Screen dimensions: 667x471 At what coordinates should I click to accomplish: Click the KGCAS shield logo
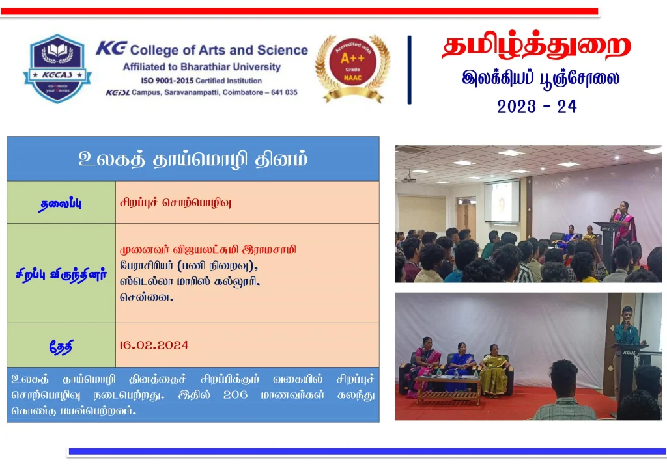pos(57,68)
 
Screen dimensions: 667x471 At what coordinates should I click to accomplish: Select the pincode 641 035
pos(284,92)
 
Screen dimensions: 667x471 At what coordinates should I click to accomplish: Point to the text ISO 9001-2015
pos(167,81)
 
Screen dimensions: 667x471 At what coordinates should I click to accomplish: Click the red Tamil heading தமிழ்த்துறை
pos(537,46)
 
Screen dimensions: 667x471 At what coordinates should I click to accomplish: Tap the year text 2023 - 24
pos(537,106)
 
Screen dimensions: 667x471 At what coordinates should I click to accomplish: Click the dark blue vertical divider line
pos(409,70)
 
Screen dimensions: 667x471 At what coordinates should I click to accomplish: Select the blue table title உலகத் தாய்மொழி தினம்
pos(193,159)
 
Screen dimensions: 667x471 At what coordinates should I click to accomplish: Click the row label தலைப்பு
pos(61,204)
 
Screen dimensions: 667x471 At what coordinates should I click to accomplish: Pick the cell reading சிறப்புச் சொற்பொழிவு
pos(175,202)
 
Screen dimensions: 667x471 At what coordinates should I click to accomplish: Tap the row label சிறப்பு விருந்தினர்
pos(61,275)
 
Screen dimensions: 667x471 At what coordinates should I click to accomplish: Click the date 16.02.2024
pos(154,345)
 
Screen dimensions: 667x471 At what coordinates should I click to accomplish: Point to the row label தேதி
pos(61,347)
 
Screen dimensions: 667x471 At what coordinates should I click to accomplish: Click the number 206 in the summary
pos(235,395)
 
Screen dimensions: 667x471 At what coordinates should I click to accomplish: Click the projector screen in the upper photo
pos(502,201)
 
